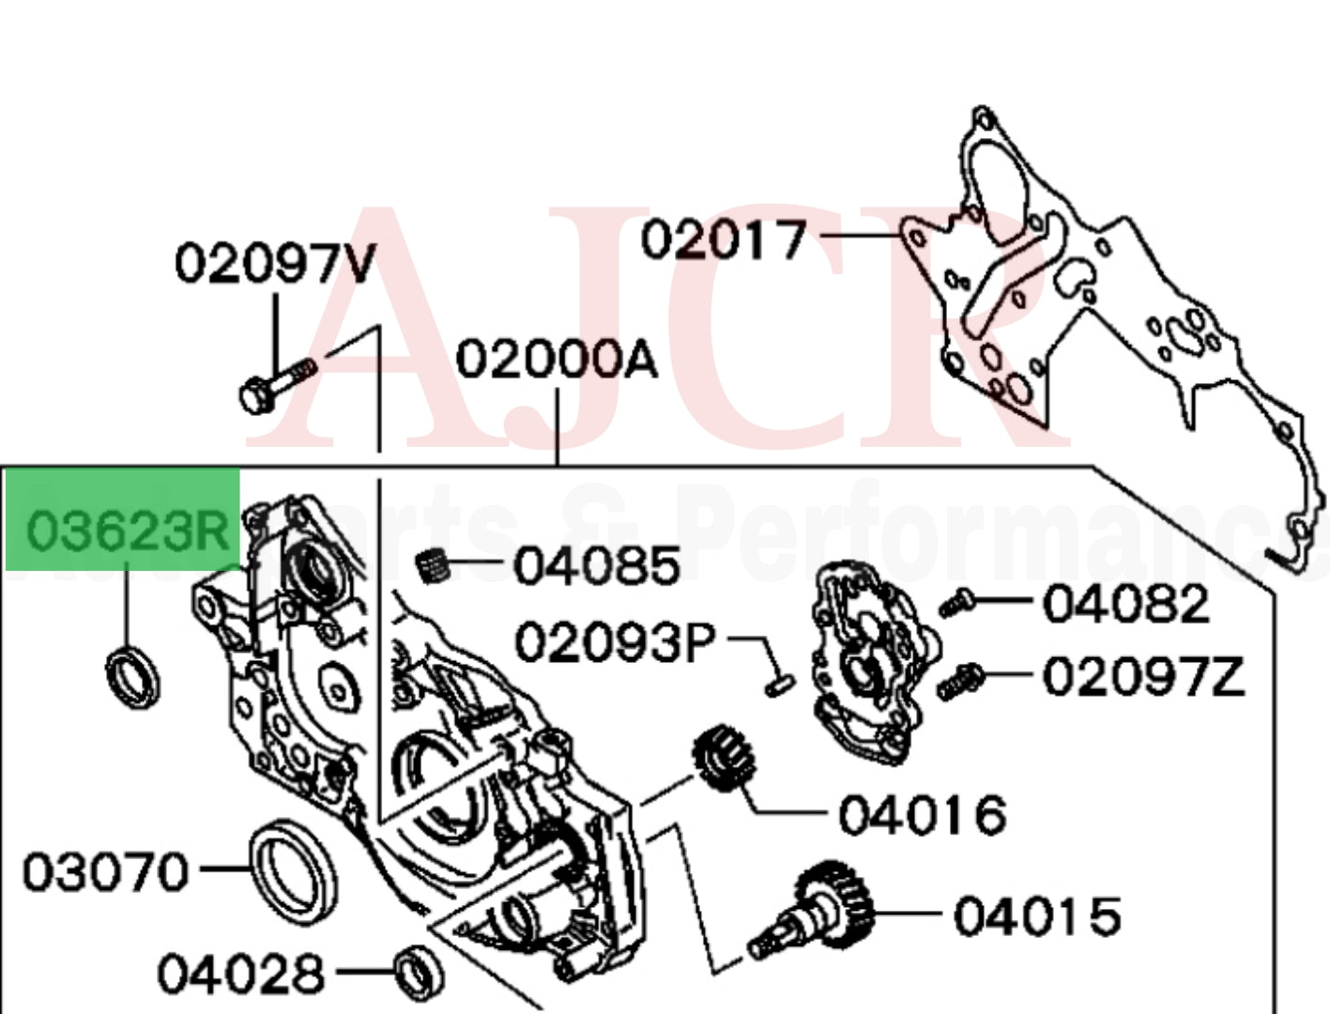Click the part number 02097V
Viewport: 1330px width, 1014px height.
click(274, 263)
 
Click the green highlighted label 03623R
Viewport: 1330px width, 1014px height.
click(127, 531)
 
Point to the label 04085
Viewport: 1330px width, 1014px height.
click(597, 566)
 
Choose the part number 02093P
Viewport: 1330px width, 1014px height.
click(616, 643)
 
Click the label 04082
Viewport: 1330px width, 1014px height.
click(1126, 604)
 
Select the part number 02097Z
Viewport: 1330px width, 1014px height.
click(1143, 675)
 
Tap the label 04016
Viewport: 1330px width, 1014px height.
click(922, 815)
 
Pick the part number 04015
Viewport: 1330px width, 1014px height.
click(1037, 915)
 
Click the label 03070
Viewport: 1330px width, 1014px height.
click(105, 872)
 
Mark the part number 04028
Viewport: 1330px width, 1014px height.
click(240, 973)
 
